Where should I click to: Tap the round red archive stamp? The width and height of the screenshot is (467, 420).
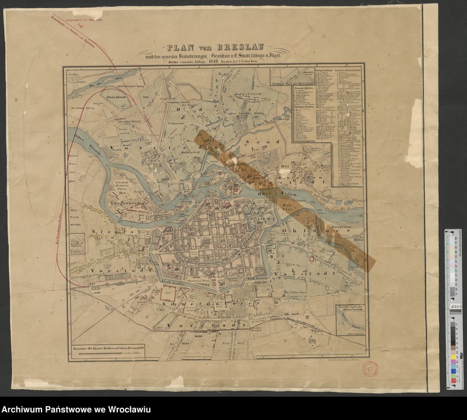(370, 369)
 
